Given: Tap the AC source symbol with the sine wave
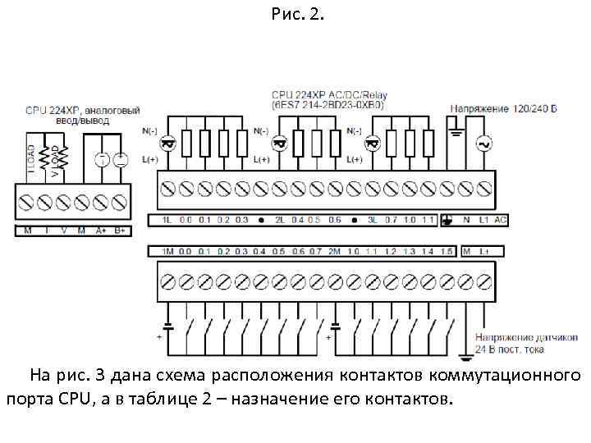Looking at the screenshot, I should [483, 144].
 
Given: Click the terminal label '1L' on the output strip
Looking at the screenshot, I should [166, 220].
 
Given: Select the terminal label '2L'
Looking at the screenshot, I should [279, 220].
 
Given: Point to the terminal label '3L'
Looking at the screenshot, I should [373, 220].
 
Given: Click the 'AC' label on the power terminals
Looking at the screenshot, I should [501, 220].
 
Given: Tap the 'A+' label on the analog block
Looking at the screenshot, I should [102, 231].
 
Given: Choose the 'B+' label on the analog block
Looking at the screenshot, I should [120, 231].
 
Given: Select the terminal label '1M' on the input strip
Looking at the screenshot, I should [167, 251].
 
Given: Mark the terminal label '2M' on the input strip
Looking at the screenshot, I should [334, 251].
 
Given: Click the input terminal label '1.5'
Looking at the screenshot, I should [447, 251].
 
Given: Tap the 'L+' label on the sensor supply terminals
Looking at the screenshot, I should [484, 251].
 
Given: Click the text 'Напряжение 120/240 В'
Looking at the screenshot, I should [503, 107].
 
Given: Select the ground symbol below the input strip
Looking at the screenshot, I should [465, 351].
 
